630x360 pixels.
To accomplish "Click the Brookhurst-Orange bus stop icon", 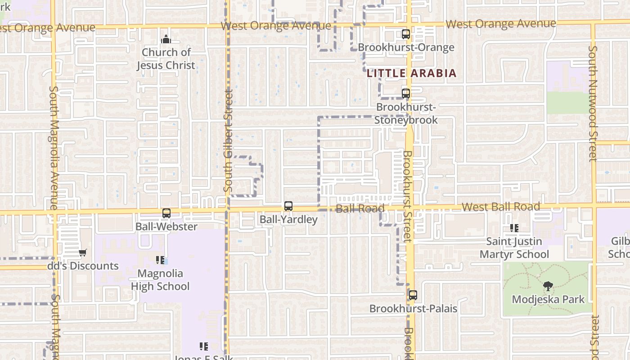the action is click(406, 34).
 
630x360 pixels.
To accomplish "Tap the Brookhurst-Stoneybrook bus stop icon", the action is click(406, 94).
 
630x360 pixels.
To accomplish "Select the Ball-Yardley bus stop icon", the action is click(288, 206).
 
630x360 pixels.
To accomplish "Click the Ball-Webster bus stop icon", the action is click(166, 213).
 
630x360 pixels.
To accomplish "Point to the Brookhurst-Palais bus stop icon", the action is click(413, 295).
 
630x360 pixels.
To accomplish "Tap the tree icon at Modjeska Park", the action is click(548, 286).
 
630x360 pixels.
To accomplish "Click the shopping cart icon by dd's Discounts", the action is click(83, 252).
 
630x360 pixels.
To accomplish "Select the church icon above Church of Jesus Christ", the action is click(166, 39).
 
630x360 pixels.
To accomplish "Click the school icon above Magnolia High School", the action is click(160, 260).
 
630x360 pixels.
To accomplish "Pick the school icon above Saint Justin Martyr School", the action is click(514, 228).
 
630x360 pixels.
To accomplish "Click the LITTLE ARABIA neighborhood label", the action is click(411, 73).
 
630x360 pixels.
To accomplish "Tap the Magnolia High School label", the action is click(160, 280).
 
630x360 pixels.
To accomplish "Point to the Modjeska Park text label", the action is click(548, 299).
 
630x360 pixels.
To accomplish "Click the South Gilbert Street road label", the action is click(228, 140).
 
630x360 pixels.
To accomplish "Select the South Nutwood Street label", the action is click(593, 103).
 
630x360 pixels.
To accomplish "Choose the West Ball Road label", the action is click(501, 207).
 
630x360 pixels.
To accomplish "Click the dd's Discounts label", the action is click(83, 266).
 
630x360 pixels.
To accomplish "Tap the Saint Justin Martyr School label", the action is click(514, 248).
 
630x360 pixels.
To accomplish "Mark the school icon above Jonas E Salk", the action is click(204, 346).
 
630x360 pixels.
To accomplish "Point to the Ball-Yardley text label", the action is click(288, 220).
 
